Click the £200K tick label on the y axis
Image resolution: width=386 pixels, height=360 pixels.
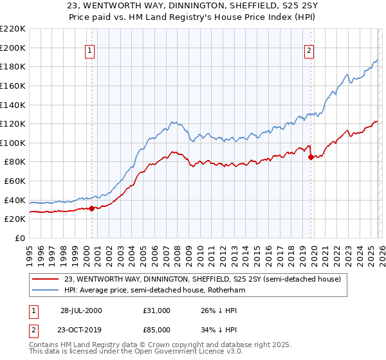pyautogui.click(x=13, y=48)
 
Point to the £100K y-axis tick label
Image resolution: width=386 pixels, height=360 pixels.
pyautogui.click(x=13, y=143)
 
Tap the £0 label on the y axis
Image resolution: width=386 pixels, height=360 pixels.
pyautogui.click(x=19, y=239)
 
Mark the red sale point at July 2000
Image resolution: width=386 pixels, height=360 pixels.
pyautogui.click(x=92, y=208)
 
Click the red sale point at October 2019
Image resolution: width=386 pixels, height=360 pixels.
pyautogui.click(x=311, y=157)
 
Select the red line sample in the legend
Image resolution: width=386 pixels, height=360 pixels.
pyautogui.click(x=46, y=279)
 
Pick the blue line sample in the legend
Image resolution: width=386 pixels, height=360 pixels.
pyautogui.click(x=46, y=291)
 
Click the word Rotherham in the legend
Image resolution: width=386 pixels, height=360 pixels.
pyautogui.click(x=226, y=291)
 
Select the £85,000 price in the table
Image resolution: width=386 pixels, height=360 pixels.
pyautogui.click(x=158, y=330)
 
